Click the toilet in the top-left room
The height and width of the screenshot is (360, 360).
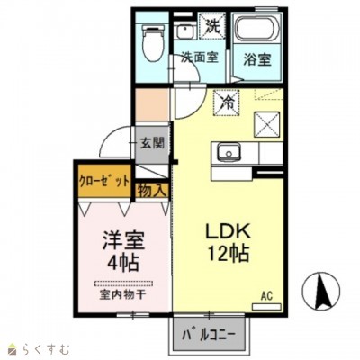pyautogui.click(x=153, y=41)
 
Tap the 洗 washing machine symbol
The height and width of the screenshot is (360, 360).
pyautogui.click(x=211, y=27)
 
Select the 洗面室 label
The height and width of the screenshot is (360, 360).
pyautogui.click(x=199, y=58)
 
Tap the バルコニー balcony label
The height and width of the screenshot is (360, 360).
pyautogui.click(x=206, y=336)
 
